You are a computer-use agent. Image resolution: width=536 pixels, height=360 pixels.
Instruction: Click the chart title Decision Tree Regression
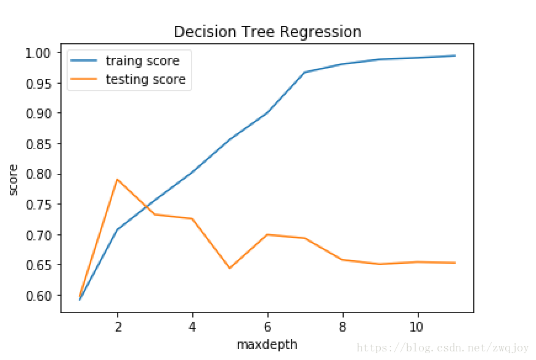[x=267, y=31]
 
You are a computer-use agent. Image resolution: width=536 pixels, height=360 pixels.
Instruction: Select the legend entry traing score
[x=142, y=60]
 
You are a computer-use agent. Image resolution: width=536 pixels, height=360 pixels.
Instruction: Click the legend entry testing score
[x=145, y=79]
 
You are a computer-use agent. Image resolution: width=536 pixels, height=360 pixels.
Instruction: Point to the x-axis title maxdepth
[x=267, y=345]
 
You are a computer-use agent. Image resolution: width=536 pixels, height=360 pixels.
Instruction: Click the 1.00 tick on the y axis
[x=40, y=53]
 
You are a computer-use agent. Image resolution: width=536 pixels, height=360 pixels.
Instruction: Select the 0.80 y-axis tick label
[x=40, y=174]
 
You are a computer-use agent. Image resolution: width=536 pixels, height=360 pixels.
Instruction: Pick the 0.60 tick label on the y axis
[x=40, y=296]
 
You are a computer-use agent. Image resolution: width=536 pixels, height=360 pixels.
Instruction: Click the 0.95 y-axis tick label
[x=40, y=83]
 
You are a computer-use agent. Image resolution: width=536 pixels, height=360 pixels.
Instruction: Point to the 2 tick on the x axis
[x=117, y=327]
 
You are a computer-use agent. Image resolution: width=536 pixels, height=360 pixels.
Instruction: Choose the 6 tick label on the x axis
[x=267, y=327]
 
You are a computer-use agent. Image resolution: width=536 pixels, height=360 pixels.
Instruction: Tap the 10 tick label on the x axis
[x=418, y=327]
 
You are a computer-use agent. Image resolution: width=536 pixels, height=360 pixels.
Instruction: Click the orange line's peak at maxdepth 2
[x=117, y=179]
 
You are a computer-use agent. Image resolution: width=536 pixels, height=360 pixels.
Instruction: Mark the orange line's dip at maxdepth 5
[x=230, y=268]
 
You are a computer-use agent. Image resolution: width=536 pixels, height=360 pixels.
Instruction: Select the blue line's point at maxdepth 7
[x=305, y=72]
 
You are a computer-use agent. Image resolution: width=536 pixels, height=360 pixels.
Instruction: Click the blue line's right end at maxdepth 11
[x=455, y=55]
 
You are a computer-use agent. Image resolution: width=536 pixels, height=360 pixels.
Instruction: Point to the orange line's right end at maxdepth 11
[x=455, y=263]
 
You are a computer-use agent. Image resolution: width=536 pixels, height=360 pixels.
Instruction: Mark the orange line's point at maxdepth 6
[x=267, y=234]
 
